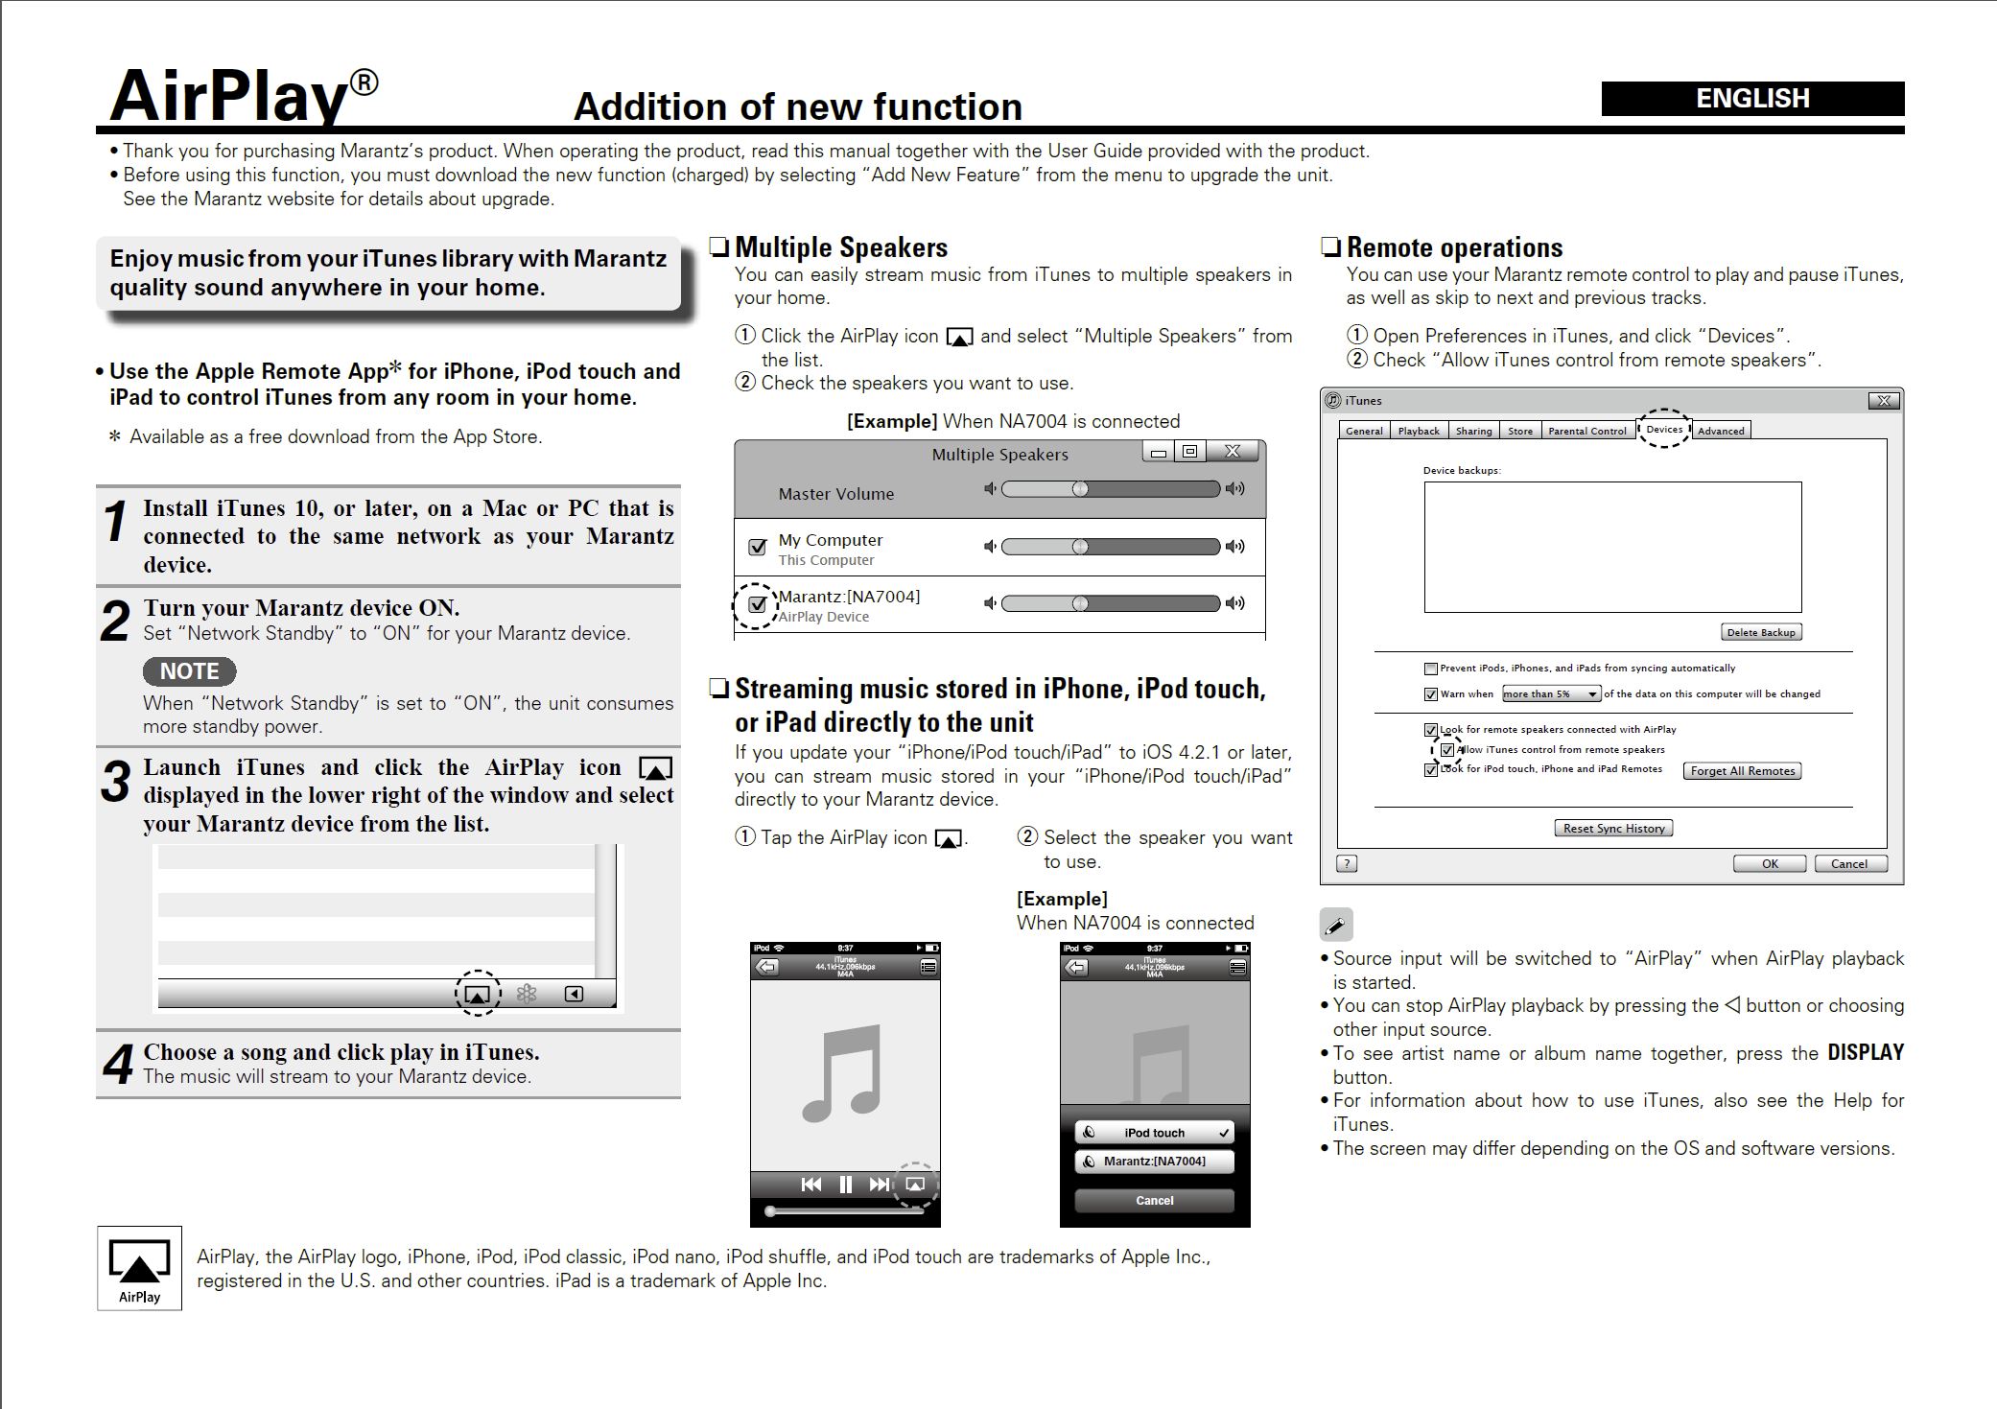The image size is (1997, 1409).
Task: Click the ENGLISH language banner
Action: (x=1751, y=99)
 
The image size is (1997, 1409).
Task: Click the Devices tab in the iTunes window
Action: (x=1664, y=430)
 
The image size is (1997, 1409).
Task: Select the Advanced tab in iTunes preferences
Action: (x=1721, y=431)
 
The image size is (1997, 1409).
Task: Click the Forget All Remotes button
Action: (x=1742, y=771)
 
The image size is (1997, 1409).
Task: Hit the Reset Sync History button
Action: (x=1613, y=829)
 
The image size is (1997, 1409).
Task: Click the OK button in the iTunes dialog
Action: (x=1769, y=864)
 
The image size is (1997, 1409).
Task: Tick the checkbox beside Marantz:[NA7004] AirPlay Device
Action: (x=758, y=604)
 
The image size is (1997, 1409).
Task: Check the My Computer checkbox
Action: (x=758, y=547)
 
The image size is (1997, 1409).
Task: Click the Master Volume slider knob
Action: (x=1080, y=489)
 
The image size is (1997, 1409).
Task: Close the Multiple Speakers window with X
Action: (x=1233, y=452)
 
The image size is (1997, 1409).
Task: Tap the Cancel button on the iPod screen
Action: (x=1154, y=1201)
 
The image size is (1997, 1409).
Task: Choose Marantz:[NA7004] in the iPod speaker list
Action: (x=1154, y=1162)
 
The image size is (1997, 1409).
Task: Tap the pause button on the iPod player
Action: (x=845, y=1185)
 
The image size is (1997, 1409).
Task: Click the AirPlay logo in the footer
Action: (x=139, y=1268)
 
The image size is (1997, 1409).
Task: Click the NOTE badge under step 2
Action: (x=189, y=671)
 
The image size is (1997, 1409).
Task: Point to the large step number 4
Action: (x=118, y=1064)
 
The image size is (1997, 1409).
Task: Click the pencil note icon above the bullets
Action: (x=1336, y=926)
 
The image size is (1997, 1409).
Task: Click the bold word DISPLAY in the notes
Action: (x=1865, y=1053)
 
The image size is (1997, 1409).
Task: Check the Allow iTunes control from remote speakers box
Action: (x=1447, y=750)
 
